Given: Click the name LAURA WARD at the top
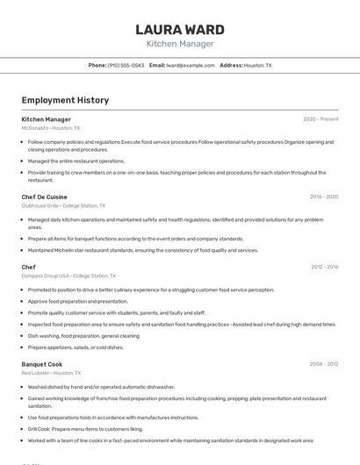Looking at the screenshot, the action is click(x=180, y=30).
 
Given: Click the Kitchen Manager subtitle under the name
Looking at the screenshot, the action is click(x=180, y=44).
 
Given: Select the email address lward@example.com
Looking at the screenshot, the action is click(x=191, y=65).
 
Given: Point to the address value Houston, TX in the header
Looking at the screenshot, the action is click(x=258, y=65).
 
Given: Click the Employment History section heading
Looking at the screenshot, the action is click(x=65, y=100).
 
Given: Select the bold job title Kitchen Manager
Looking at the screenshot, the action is click(x=47, y=119).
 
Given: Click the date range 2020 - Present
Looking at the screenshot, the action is click(x=320, y=119).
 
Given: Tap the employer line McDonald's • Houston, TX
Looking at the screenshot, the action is click(x=50, y=128).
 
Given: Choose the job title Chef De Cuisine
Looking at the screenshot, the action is click(x=44, y=197).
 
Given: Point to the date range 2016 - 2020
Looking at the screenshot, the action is click(x=324, y=197).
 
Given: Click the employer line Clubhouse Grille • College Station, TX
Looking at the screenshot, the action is click(x=63, y=206).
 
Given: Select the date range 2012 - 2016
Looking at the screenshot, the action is click(x=324, y=267).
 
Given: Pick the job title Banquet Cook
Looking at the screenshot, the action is click(x=42, y=363).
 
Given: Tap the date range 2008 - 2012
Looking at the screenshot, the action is click(x=324, y=363).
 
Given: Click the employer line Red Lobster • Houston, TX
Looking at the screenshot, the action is click(x=51, y=372).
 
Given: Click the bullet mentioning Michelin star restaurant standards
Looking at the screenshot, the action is click(x=143, y=250).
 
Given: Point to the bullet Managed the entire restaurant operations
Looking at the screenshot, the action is click(x=76, y=161).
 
